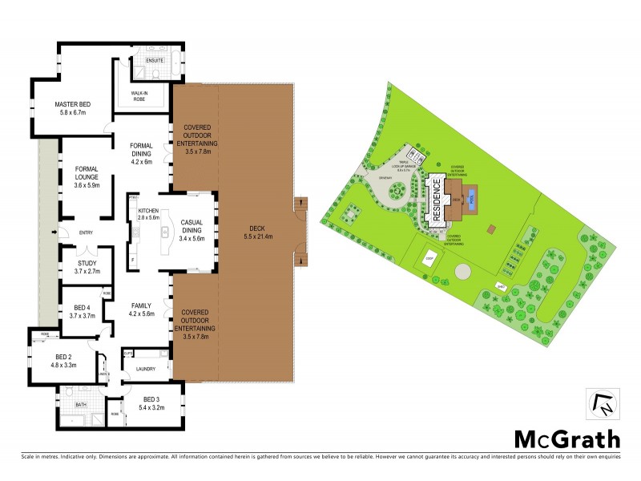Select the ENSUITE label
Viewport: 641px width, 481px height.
(x=155, y=60)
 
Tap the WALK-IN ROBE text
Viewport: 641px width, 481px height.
(x=144, y=95)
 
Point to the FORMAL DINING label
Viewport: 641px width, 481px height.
(x=147, y=145)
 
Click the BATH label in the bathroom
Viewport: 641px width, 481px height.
(x=80, y=405)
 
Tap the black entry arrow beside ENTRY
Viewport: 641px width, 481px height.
(x=54, y=232)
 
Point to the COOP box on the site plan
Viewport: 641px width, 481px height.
(x=429, y=260)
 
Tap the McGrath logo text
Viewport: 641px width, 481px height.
(x=566, y=439)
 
